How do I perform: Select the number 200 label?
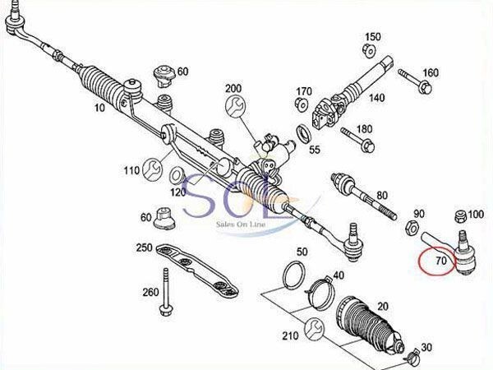pyautogui.click(x=233, y=88)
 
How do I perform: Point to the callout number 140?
pyautogui.click(x=376, y=98)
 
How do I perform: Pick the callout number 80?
pyautogui.click(x=380, y=195)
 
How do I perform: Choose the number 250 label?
pyautogui.click(x=145, y=249)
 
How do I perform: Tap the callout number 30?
pyautogui.click(x=425, y=347)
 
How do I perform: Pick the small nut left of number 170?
pyautogui.click(x=301, y=105)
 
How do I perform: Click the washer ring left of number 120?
pyautogui.click(x=177, y=175)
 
